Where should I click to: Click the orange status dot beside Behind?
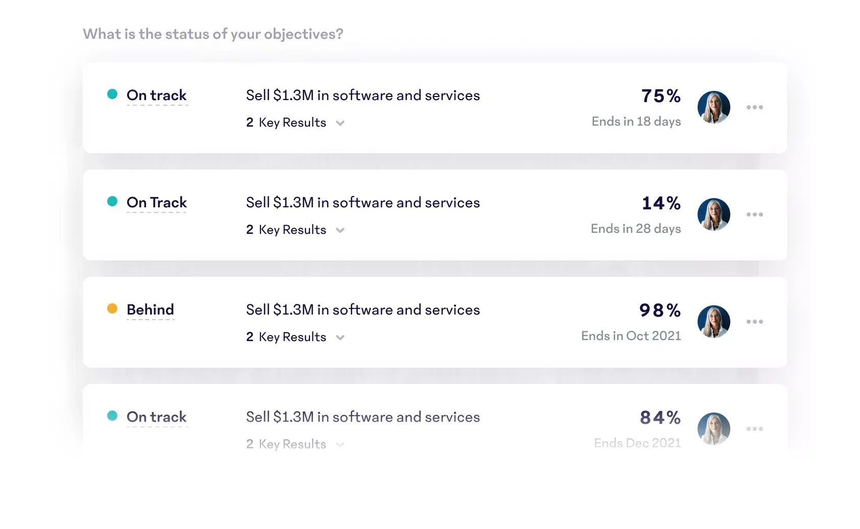coord(112,308)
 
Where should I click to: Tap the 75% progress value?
coord(661,96)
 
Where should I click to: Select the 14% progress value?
coord(661,203)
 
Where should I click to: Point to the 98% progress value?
coord(660,310)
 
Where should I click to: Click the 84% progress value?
coord(660,418)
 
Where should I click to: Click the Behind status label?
coord(150,309)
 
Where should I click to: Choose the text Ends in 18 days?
coord(636,122)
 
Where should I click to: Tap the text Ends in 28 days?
coord(635,229)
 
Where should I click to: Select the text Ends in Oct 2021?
coord(631,336)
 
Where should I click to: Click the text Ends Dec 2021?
coord(637,443)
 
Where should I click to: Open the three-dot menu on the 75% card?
coord(754,107)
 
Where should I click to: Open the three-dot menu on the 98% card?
coord(754,322)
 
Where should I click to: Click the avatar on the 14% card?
coord(713,214)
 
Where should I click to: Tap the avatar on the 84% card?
coord(713,429)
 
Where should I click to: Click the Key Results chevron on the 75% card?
coord(340,123)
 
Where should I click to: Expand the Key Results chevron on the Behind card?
coord(340,338)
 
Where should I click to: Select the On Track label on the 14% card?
coord(156,202)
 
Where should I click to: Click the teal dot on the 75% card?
coord(112,94)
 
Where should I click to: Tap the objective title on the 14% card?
coord(363,202)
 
